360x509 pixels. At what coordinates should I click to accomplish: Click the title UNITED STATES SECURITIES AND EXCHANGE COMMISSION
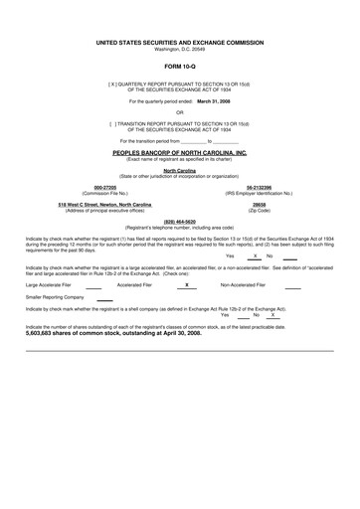[x=180, y=44]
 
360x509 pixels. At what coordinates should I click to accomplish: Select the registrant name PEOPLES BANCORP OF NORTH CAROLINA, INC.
[x=180, y=153]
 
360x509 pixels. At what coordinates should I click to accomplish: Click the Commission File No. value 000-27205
[x=90, y=186]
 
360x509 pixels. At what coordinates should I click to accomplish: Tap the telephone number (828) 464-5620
[x=179, y=222]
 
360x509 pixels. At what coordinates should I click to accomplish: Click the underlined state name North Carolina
[x=180, y=171]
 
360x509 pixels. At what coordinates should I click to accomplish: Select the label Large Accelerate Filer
[x=49, y=284]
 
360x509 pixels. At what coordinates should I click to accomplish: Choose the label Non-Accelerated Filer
[x=243, y=284]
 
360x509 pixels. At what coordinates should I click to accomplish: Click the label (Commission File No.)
[x=90, y=192]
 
